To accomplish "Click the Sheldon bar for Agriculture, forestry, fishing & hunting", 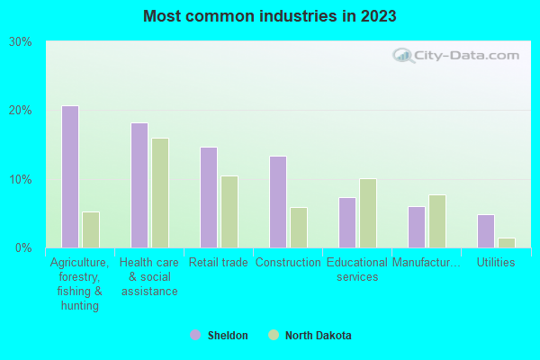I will pyautogui.click(x=70, y=176).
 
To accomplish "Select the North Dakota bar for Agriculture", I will pyautogui.click(x=91, y=229).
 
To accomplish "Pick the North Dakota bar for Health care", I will pyautogui.click(x=160, y=193).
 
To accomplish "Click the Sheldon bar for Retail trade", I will pyautogui.click(x=209, y=197).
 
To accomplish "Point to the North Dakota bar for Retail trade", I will pyautogui.click(x=229, y=211).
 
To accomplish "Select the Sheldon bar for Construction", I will pyautogui.click(x=278, y=202).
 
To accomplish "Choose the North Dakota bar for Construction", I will pyautogui.click(x=299, y=228).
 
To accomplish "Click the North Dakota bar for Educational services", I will pyautogui.click(x=368, y=213).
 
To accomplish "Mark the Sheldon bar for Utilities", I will pyautogui.click(x=486, y=231).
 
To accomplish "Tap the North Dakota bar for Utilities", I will pyautogui.click(x=507, y=243).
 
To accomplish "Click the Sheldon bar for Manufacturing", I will pyautogui.click(x=417, y=227).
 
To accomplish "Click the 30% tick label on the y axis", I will pyautogui.click(x=21, y=41).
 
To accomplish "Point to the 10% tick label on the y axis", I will pyautogui.click(x=21, y=179).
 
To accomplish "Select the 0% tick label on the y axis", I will pyautogui.click(x=24, y=247).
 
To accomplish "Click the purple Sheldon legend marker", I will pyautogui.click(x=195, y=336).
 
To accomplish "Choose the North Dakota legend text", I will pyautogui.click(x=319, y=336).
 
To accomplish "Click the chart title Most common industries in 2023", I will pyautogui.click(x=269, y=16).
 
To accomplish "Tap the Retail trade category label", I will pyautogui.click(x=219, y=263).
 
